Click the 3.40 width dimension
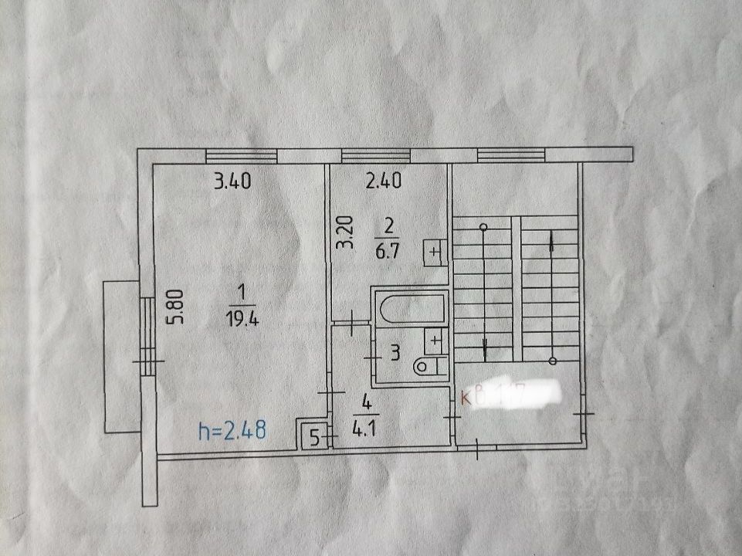tap(233, 183)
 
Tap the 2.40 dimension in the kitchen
tap(384, 183)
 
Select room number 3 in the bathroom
tap(394, 354)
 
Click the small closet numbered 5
tap(313, 436)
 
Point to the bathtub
tap(409, 308)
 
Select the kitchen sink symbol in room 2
tap(434, 252)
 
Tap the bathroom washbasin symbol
tap(435, 340)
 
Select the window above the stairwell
tap(512, 156)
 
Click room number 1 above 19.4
tap(242, 292)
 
